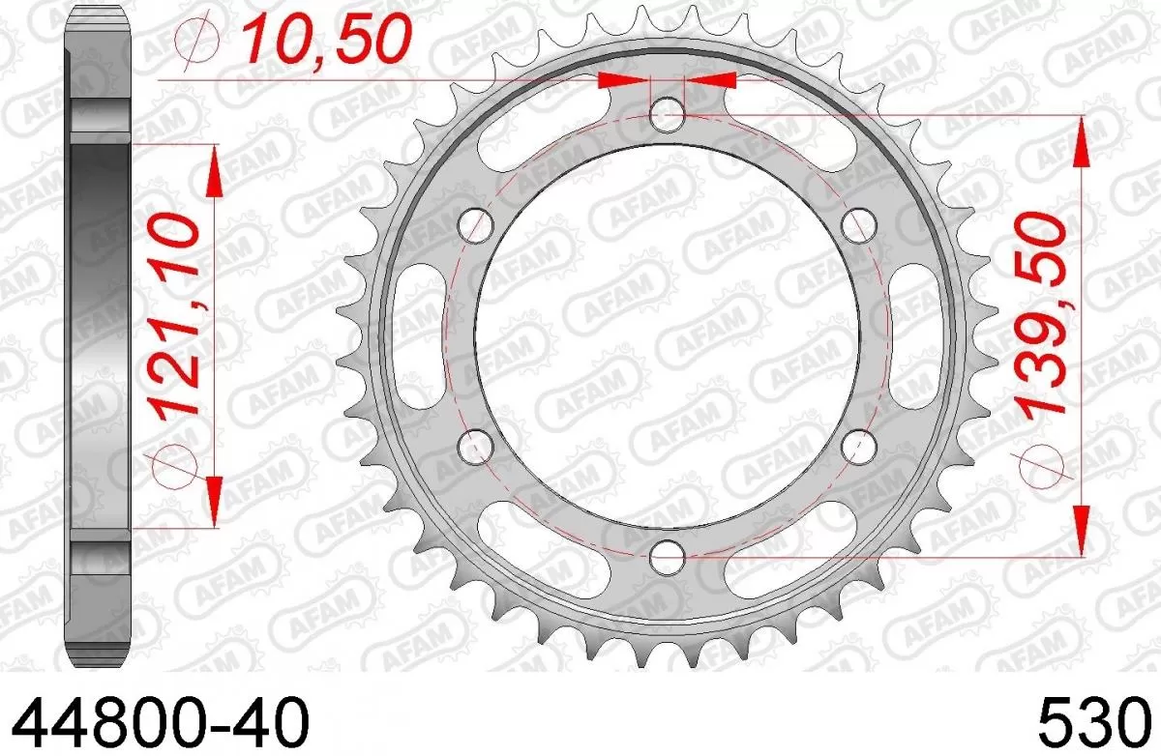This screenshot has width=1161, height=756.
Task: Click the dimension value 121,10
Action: pyautogui.click(x=178, y=314)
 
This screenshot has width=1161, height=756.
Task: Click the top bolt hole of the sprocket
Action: pyautogui.click(x=666, y=117)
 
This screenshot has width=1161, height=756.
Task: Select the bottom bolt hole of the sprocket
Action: pyautogui.click(x=666, y=556)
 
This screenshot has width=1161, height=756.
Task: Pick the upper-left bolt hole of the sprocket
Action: pyautogui.click(x=475, y=226)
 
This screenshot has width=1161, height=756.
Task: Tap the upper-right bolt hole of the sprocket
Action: pyautogui.click(x=856, y=226)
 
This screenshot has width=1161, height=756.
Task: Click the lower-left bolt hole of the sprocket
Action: pyautogui.click(x=474, y=446)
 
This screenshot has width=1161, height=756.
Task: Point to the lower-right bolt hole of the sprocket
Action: pyautogui.click(x=856, y=446)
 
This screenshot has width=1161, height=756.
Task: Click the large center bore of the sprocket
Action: pyautogui.click(x=666, y=335)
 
